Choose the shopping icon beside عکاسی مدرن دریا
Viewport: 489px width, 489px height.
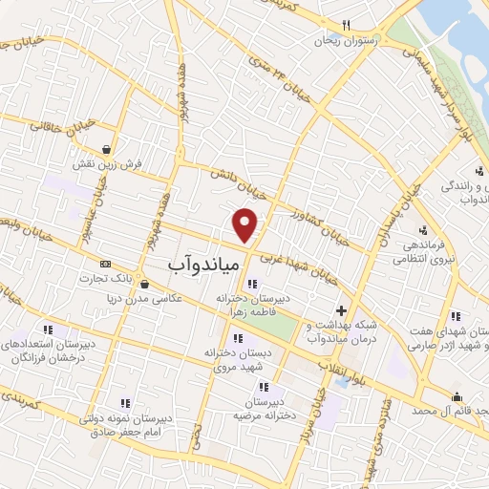143,282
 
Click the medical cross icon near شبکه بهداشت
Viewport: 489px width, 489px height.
341,310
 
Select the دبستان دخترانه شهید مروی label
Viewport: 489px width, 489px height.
233,358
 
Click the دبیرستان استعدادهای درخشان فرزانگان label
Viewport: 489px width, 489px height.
41,348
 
